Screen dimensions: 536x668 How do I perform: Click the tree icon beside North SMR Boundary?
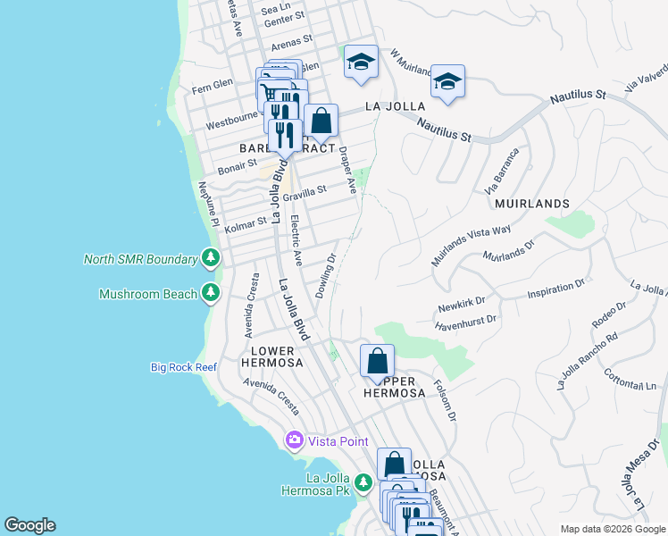210,259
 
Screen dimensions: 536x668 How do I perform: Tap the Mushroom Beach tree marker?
210,293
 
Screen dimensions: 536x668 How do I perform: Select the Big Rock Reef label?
183,367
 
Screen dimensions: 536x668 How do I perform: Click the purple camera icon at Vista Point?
294,441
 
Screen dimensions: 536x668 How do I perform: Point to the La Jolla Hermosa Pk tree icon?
363,483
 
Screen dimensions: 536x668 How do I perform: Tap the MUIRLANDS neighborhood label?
531,204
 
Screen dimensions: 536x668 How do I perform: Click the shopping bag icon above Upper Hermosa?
377,362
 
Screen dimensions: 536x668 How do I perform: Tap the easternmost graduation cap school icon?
447,82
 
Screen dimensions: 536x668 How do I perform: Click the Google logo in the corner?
29,525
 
